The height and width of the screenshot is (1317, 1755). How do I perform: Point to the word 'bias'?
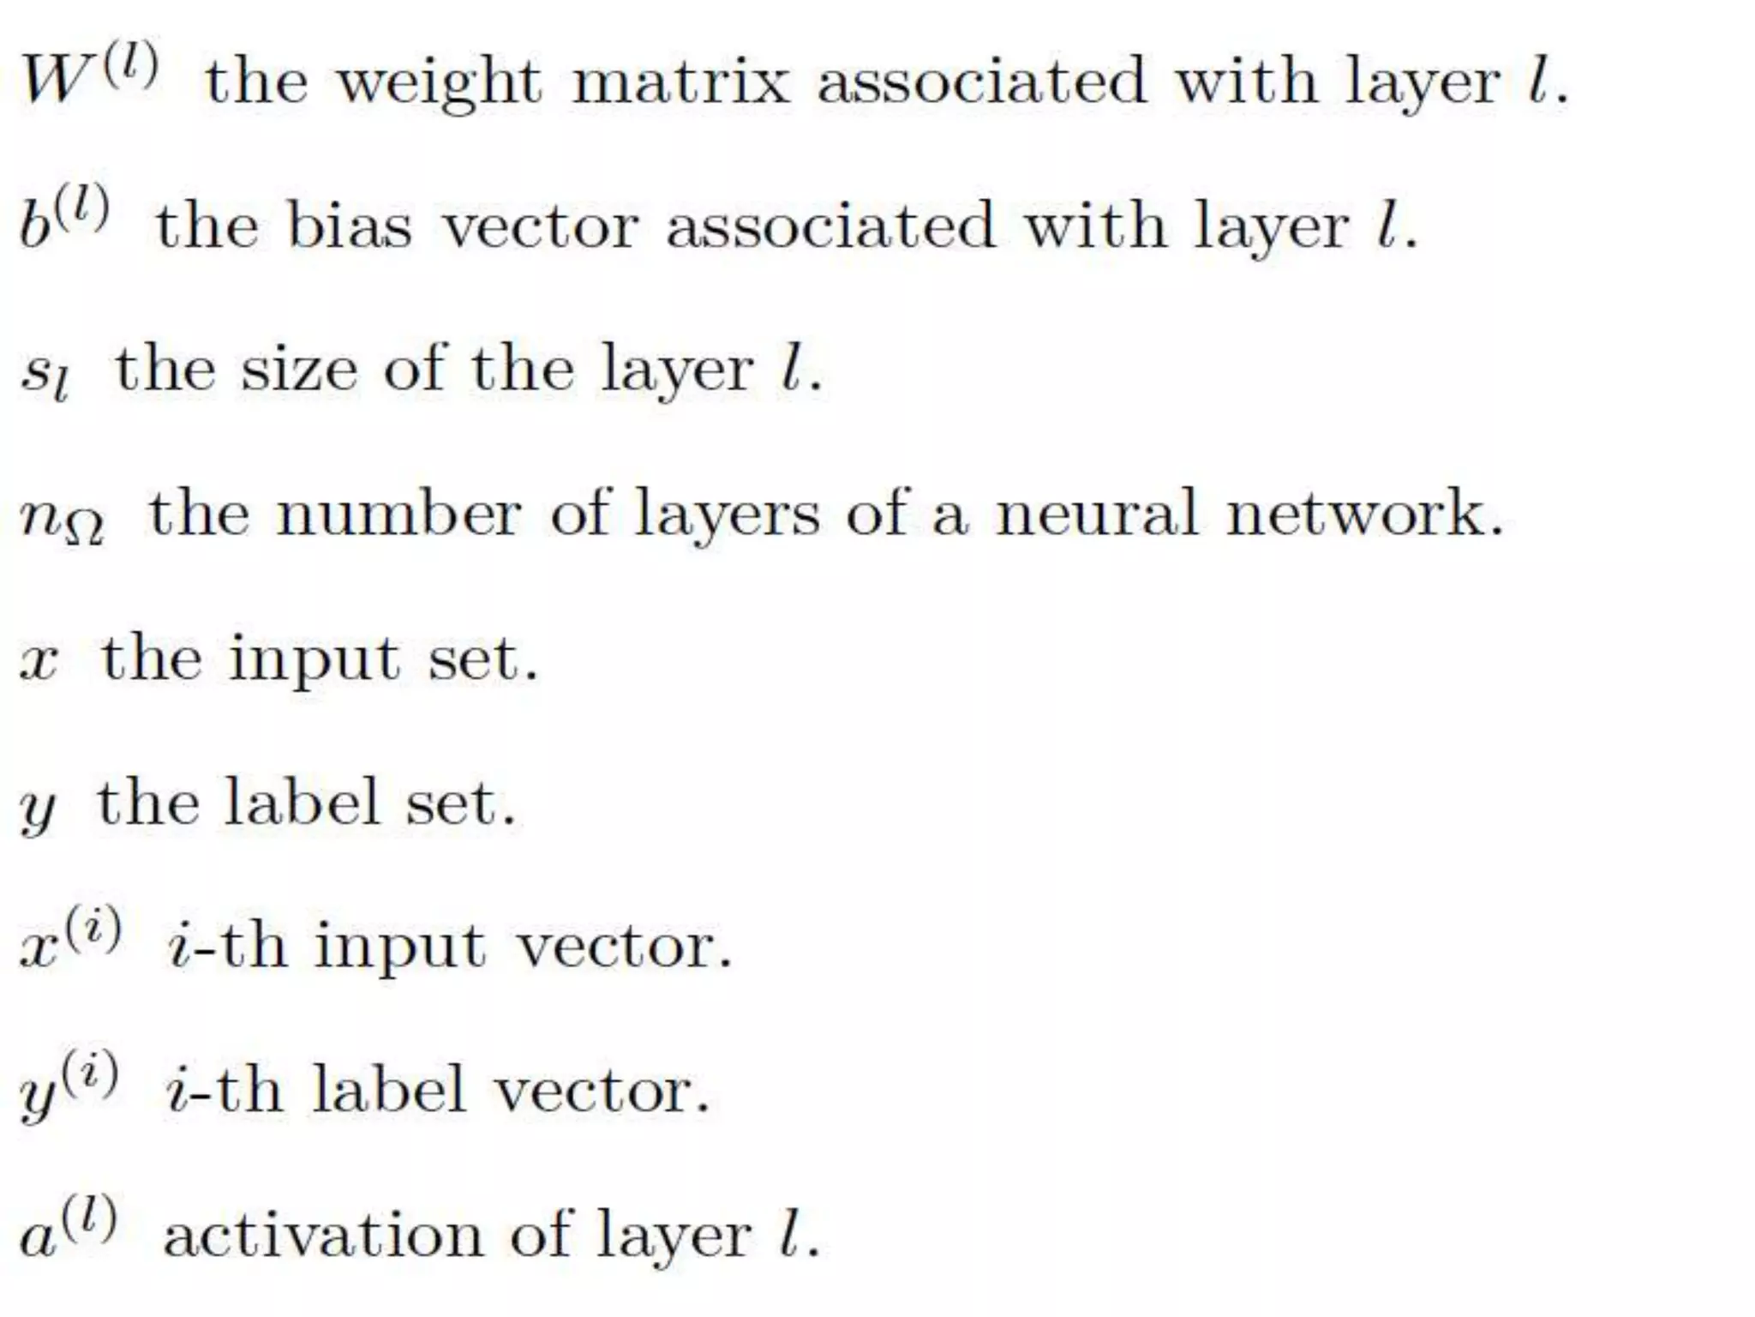tap(349, 226)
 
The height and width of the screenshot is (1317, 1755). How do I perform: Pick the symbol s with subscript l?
tap(45, 374)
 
